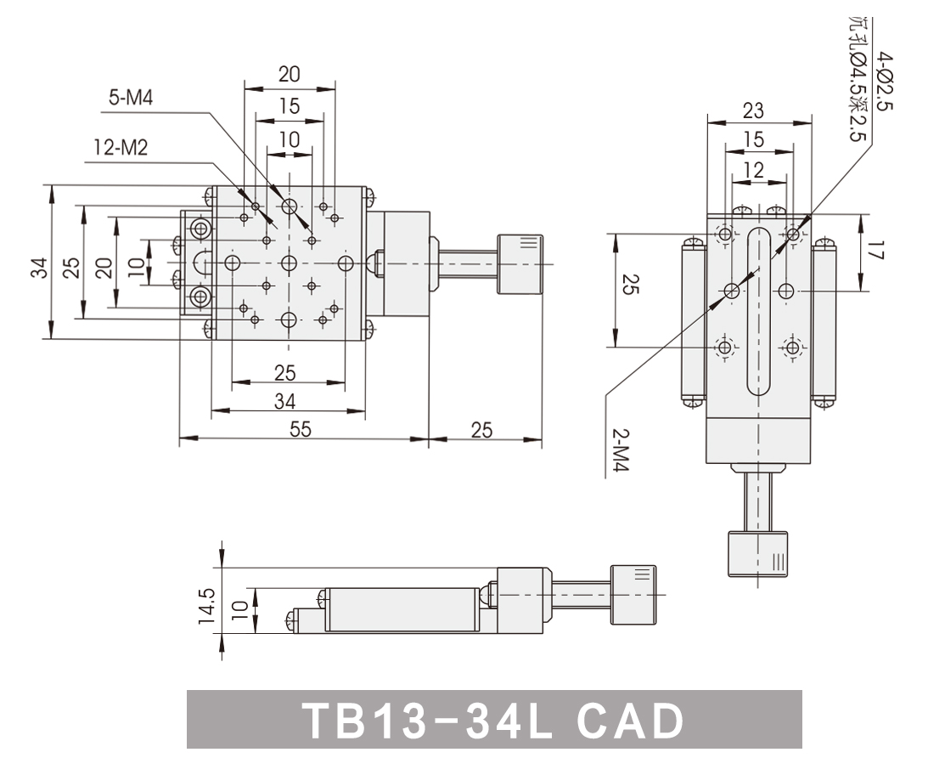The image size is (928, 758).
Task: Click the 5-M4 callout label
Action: click(x=131, y=99)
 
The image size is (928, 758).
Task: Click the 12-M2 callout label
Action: click(x=120, y=149)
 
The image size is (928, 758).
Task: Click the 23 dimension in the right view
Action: click(x=753, y=110)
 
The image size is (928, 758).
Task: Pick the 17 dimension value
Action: click(x=878, y=252)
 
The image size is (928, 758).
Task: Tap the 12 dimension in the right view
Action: click(x=753, y=170)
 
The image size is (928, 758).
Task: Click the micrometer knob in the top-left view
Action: click(x=520, y=262)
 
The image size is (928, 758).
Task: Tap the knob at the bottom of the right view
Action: click(x=758, y=554)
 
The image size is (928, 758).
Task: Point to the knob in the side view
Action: click(x=633, y=595)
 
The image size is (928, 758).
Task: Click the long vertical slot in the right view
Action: click(x=758, y=311)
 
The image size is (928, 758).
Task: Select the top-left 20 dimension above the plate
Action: click(x=290, y=75)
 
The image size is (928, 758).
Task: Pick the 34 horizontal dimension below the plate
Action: click(x=286, y=400)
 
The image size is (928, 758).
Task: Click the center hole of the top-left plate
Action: click(x=290, y=263)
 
